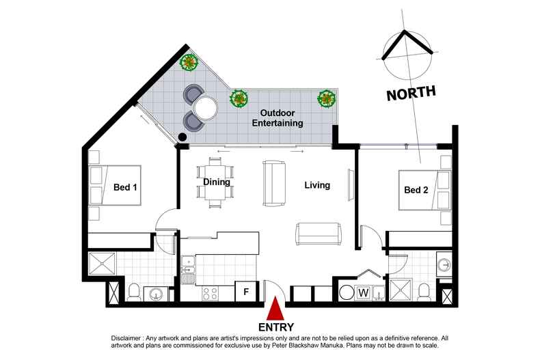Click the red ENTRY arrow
pyautogui.click(x=275, y=309)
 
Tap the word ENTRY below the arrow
pyautogui.click(x=276, y=327)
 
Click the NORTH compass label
pyautogui.click(x=411, y=94)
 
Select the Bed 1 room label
pyautogui.click(x=125, y=187)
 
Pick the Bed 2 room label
pyautogui.click(x=416, y=190)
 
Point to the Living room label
pyautogui.click(x=317, y=185)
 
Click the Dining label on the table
pyautogui.click(x=217, y=182)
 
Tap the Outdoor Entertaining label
pyautogui.click(x=278, y=118)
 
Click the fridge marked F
pyautogui.click(x=246, y=292)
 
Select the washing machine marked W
pyautogui.click(x=364, y=293)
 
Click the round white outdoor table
pyautogui.click(x=206, y=108)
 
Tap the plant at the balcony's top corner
pyautogui.click(x=189, y=63)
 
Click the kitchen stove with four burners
pyautogui.click(x=210, y=293)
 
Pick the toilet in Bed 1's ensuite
pyautogui.click(x=133, y=292)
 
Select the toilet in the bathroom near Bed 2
pyautogui.click(x=424, y=292)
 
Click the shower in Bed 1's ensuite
pyautogui.click(x=102, y=264)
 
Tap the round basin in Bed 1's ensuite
pyautogui.click(x=157, y=294)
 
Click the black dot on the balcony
pyautogui.click(x=183, y=137)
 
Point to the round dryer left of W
pyautogui.click(x=345, y=293)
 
